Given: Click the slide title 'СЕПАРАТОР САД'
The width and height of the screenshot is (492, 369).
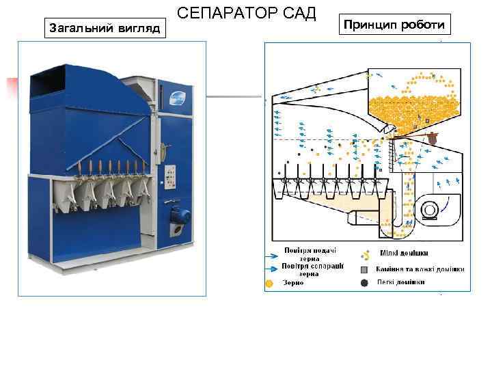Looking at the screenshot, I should pyautogui.click(x=247, y=13).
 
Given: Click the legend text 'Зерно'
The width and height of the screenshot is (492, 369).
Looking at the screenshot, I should pyautogui.click(x=293, y=282).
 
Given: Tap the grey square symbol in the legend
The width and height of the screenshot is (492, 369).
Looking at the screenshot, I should pyautogui.click(x=365, y=269).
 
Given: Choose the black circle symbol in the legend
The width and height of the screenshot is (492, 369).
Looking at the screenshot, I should pyautogui.click(x=364, y=282).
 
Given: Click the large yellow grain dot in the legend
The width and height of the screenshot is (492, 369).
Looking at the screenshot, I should pyautogui.click(x=269, y=282).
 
